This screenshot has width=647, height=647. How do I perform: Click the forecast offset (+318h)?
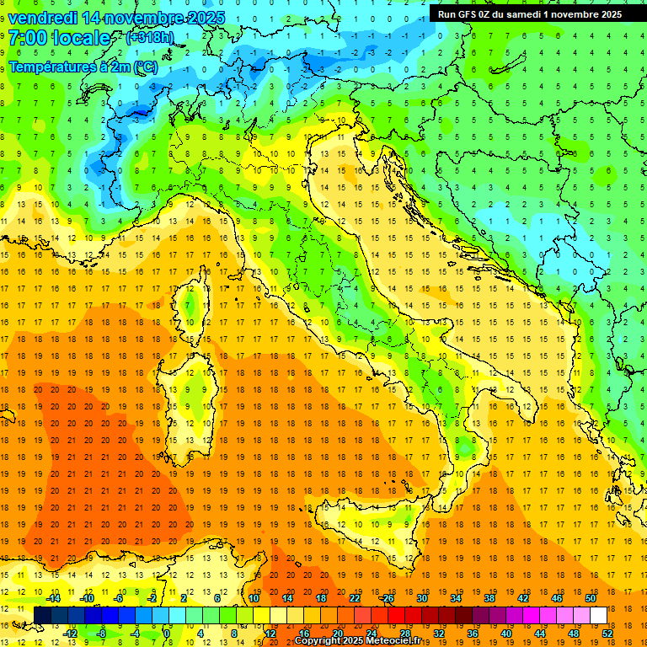click(x=152, y=38)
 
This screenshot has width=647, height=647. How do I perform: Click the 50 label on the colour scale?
click(x=590, y=598)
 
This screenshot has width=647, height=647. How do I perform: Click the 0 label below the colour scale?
click(x=168, y=634)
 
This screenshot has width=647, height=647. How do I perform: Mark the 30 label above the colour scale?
click(x=421, y=598)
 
